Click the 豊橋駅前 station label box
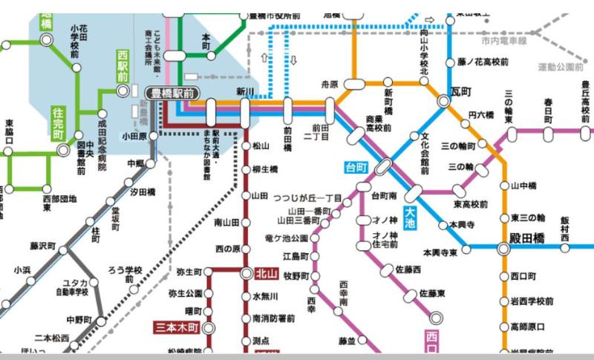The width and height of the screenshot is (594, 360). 172,93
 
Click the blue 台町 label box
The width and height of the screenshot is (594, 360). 356,168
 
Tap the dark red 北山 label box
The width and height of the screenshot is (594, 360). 265,272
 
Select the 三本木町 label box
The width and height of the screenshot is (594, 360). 177,327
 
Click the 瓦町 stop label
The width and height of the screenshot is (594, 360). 461,91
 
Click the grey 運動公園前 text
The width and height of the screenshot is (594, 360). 563,67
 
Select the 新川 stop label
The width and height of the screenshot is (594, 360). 245,91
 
